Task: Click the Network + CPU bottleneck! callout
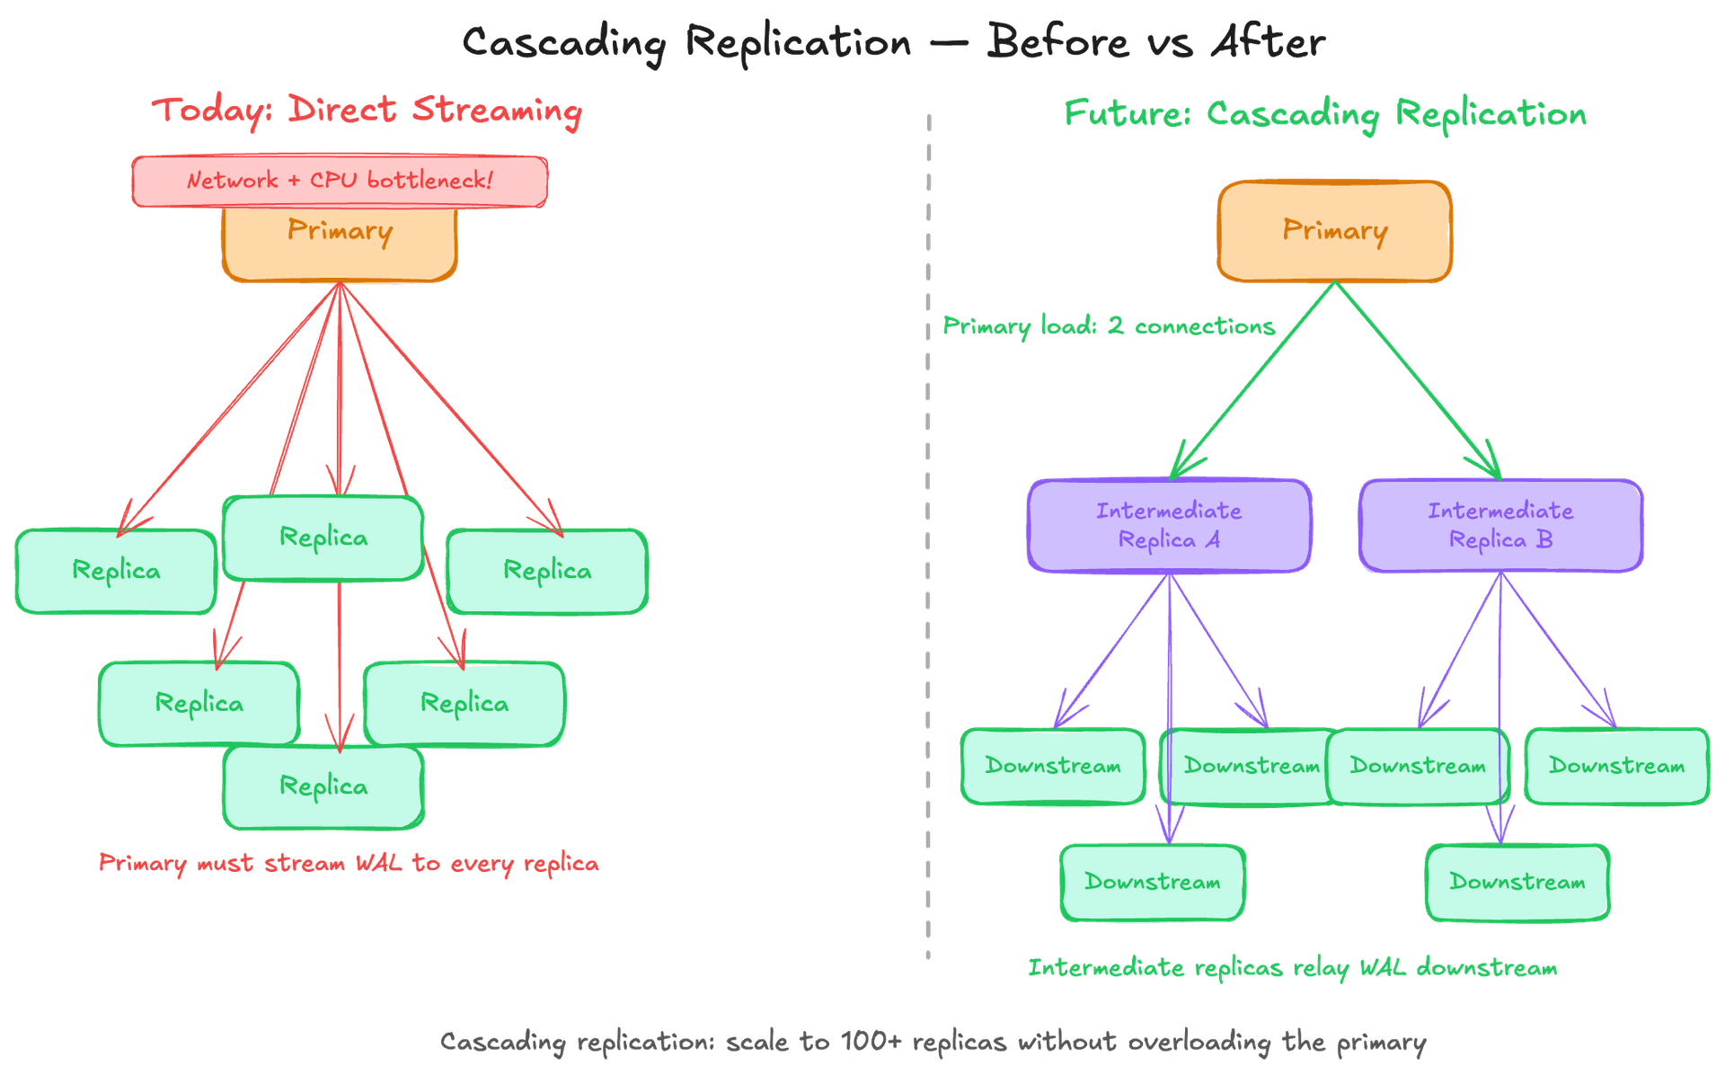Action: point(340,181)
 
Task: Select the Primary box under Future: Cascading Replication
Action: point(1334,231)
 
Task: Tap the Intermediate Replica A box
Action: point(1169,525)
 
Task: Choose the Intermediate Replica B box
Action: point(1500,525)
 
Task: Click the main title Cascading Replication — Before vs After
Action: point(893,42)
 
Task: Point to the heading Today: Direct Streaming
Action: point(367,111)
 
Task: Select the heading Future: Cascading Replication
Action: point(1325,114)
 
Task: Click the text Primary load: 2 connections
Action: point(1108,325)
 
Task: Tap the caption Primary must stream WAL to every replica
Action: point(349,863)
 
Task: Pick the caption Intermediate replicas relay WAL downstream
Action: point(1292,968)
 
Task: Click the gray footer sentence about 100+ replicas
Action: point(933,1042)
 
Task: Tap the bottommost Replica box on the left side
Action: point(323,787)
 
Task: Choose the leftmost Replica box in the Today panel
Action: point(116,571)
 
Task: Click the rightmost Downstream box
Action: point(1616,766)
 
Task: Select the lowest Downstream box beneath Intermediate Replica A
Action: point(1152,882)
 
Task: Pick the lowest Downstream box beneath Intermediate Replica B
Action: point(1517,882)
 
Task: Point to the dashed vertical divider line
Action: point(928,539)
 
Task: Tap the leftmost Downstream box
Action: point(1053,766)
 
